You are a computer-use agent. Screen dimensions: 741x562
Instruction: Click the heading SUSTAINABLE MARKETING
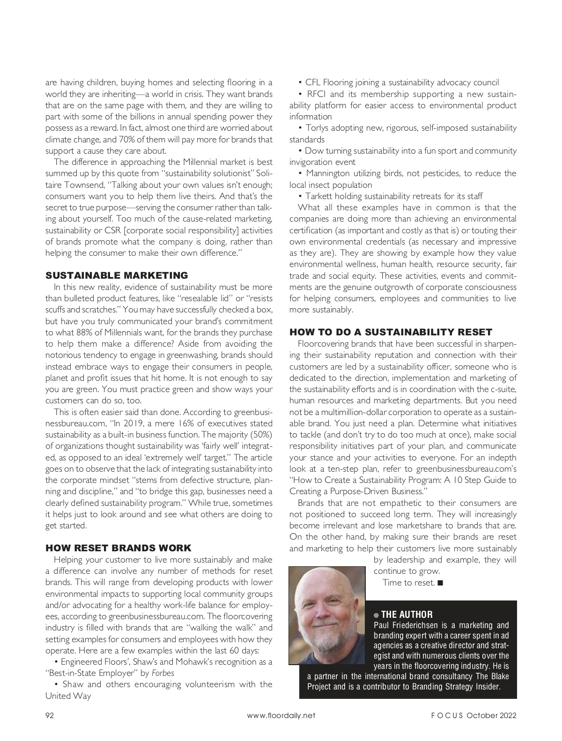pos(117,275)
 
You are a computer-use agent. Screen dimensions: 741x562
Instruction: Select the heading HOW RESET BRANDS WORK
pos(118,548)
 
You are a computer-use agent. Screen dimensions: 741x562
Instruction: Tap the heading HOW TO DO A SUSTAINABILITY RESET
pos(391,332)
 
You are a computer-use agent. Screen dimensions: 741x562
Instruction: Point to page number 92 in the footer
pos(50,715)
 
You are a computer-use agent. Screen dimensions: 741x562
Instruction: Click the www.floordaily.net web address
pos(281,715)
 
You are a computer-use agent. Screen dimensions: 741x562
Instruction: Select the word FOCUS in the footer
pos(447,715)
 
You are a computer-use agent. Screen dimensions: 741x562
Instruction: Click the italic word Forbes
pos(163,673)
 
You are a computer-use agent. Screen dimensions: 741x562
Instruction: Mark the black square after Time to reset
pos(439,583)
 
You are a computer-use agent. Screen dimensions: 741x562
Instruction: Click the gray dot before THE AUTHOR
pos(376,615)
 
